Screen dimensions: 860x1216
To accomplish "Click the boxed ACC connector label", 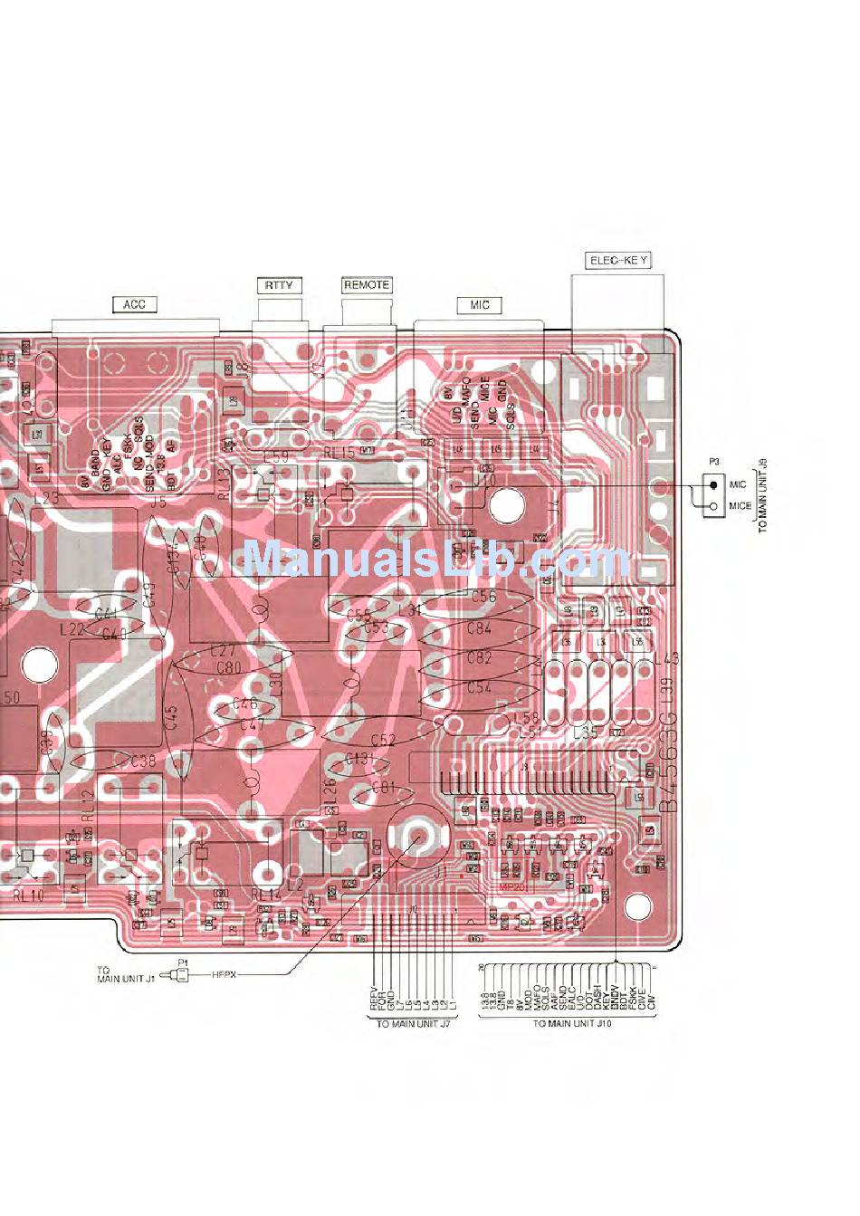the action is click(134, 304).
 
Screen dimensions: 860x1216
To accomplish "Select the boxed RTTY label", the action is click(279, 285).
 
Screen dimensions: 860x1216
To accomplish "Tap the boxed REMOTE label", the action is click(367, 285).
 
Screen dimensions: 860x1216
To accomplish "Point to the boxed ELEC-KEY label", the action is click(619, 261).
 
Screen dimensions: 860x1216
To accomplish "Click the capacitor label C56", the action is click(484, 596).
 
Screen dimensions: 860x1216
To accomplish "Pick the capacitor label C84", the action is click(479, 628).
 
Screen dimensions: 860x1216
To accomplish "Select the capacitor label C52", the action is click(383, 740).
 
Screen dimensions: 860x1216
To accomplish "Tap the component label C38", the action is click(143, 761).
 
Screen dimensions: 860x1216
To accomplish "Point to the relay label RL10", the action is click(28, 895).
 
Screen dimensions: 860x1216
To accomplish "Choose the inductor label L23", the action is click(45, 497).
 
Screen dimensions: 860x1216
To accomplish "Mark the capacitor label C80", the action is click(229, 668).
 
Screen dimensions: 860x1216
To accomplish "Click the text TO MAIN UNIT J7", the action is click(414, 1024).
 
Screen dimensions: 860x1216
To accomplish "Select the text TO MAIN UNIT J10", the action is click(572, 1024).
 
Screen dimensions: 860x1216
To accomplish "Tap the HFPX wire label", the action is click(224, 975).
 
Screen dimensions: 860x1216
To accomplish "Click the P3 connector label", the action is click(713, 463).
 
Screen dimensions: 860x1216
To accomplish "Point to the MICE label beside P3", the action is click(740, 506).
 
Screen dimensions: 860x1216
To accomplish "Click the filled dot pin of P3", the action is click(714, 485).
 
